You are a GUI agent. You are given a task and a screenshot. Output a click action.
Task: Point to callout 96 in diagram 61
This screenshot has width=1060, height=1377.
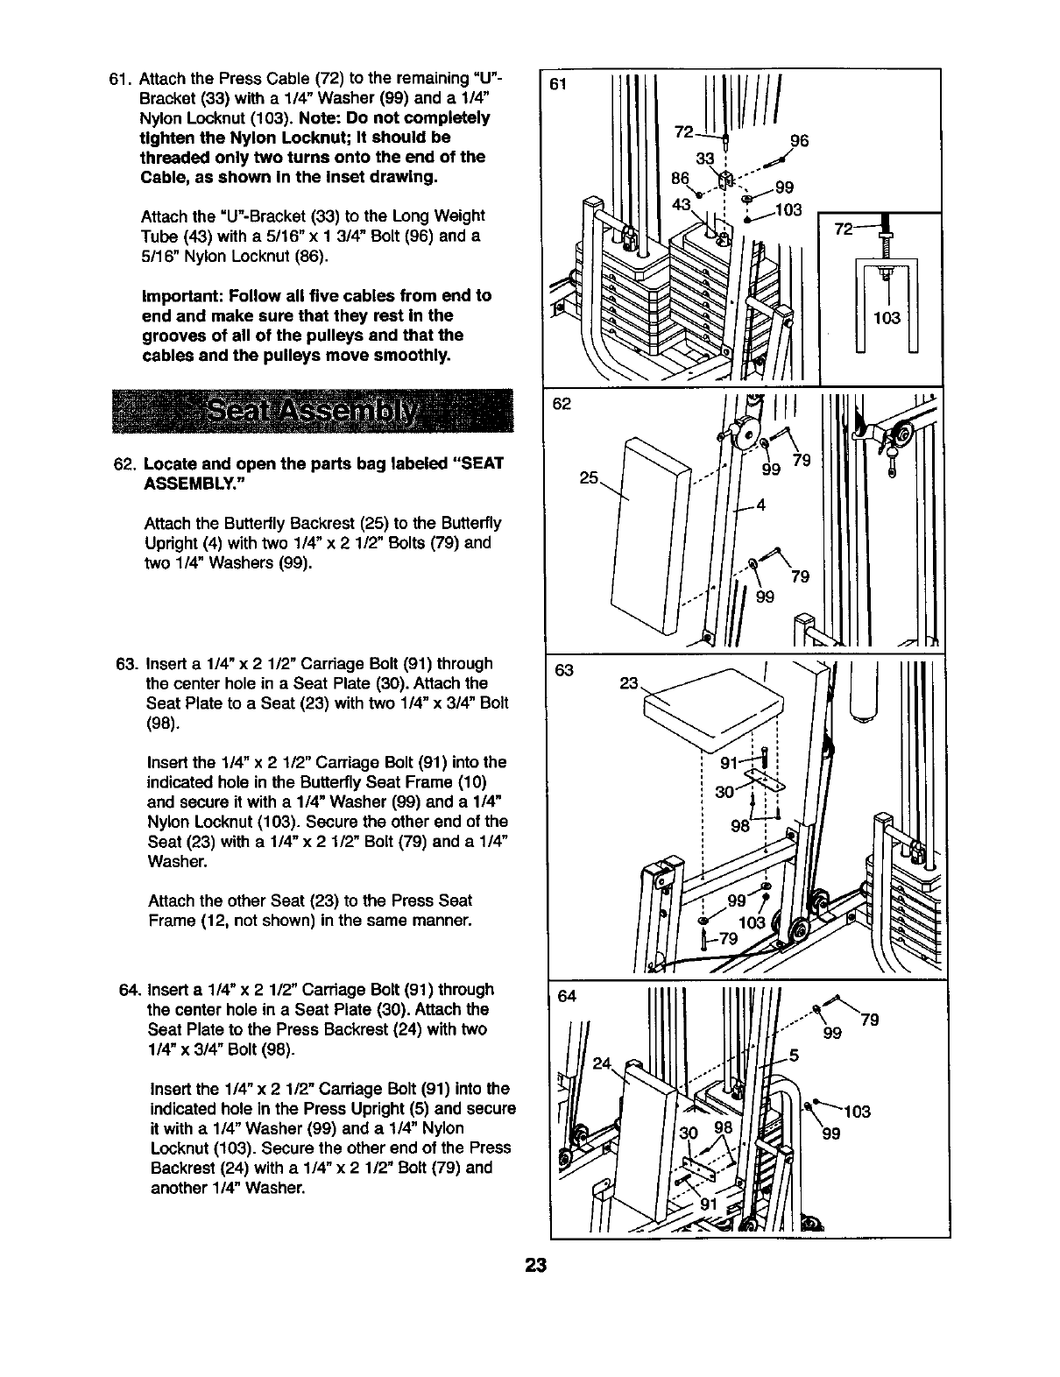(799, 141)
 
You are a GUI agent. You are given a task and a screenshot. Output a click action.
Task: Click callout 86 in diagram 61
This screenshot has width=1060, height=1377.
(679, 177)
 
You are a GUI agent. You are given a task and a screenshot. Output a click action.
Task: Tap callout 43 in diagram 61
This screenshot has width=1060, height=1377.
(682, 203)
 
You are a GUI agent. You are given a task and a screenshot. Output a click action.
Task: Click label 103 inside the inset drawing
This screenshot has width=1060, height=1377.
(887, 318)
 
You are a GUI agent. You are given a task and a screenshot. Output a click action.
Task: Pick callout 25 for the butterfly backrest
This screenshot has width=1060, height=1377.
(589, 478)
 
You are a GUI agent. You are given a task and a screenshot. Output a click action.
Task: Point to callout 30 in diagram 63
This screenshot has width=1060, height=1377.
(724, 792)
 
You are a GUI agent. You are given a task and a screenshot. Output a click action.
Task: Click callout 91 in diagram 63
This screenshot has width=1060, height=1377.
(729, 762)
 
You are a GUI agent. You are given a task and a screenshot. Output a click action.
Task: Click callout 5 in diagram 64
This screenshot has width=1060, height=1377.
(794, 1055)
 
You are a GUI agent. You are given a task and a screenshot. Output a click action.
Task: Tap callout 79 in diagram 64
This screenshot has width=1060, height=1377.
(870, 1020)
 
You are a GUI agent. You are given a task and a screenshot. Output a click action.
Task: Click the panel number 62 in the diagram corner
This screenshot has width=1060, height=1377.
(562, 404)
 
